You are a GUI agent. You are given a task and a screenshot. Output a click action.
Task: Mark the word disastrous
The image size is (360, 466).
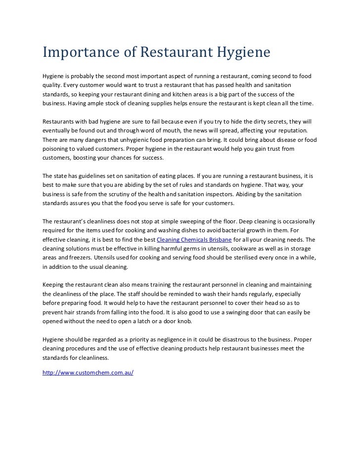pos(238,339)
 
